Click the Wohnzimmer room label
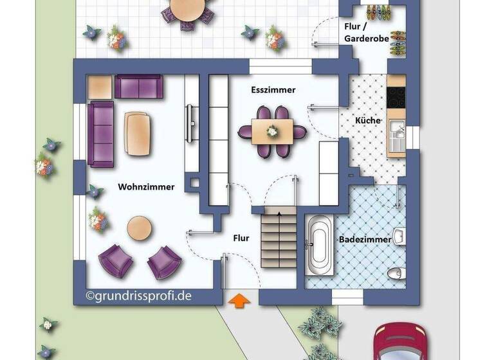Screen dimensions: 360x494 click(x=146, y=187)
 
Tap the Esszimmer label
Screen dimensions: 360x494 click(x=273, y=91)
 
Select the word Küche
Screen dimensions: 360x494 click(x=368, y=120)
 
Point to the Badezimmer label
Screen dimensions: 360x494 click(x=365, y=239)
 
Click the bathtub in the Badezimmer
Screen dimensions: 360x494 click(x=319, y=244)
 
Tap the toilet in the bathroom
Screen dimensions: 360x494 click(x=395, y=273)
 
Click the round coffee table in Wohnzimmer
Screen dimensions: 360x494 click(x=139, y=228)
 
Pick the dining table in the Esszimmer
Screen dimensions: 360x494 click(x=272, y=131)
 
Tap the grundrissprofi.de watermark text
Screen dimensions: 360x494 click(x=138, y=296)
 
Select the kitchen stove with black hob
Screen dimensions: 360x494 click(x=396, y=97)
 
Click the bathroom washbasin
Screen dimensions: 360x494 click(x=399, y=236)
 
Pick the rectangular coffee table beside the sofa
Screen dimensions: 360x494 click(x=138, y=134)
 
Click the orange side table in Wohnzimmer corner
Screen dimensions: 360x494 click(x=99, y=87)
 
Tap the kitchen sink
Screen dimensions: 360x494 click(x=396, y=134)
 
